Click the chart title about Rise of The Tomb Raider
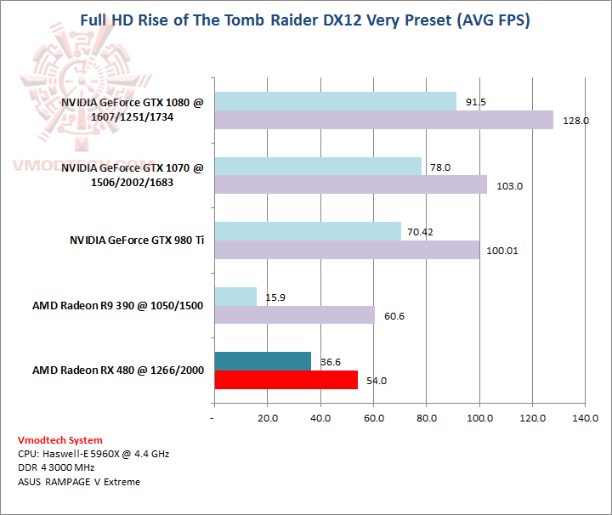(x=305, y=20)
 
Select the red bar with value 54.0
(x=286, y=380)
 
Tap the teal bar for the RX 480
(x=263, y=361)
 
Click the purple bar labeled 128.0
(x=384, y=121)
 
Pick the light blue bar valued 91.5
(x=336, y=102)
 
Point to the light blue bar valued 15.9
(x=235, y=297)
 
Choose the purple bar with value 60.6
(x=295, y=315)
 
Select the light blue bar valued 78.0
(x=318, y=167)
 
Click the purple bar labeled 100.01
(x=347, y=250)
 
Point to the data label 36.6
(x=330, y=362)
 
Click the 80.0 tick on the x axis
(x=427, y=418)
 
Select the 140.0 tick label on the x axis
(x=585, y=418)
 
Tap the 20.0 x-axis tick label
(x=268, y=418)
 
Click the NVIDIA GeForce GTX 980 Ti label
(x=137, y=241)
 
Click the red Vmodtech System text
(x=59, y=440)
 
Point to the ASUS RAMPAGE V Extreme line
(x=78, y=482)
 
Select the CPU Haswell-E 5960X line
(x=93, y=454)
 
